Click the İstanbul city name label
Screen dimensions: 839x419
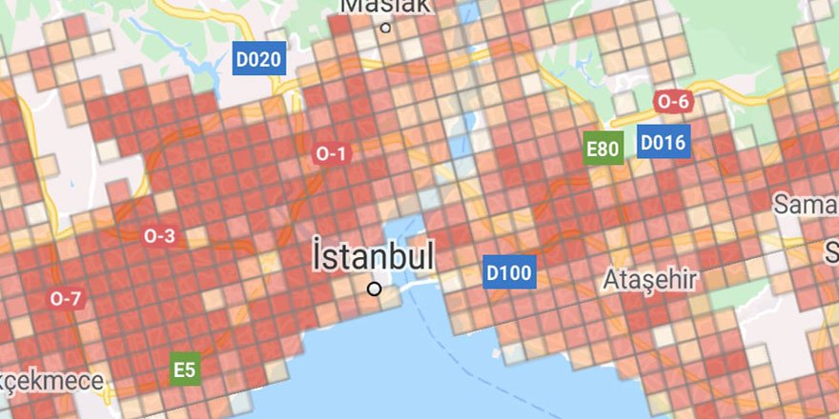[374, 256]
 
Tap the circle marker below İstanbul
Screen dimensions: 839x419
[375, 289]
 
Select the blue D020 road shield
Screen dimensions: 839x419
[258, 60]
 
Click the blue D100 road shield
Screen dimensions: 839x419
[508, 273]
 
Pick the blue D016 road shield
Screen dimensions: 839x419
[663, 143]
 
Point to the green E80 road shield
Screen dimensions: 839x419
[604, 149]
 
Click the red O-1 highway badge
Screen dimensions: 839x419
[331, 153]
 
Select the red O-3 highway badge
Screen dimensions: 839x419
[159, 235]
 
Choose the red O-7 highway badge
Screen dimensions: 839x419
[66, 298]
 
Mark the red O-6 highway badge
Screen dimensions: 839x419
[672, 102]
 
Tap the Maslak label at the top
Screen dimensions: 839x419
[385, 6]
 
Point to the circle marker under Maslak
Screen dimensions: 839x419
[385, 28]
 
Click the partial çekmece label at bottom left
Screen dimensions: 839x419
[51, 381]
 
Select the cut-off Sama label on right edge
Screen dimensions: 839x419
[805, 205]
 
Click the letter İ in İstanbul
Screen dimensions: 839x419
[319, 255]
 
